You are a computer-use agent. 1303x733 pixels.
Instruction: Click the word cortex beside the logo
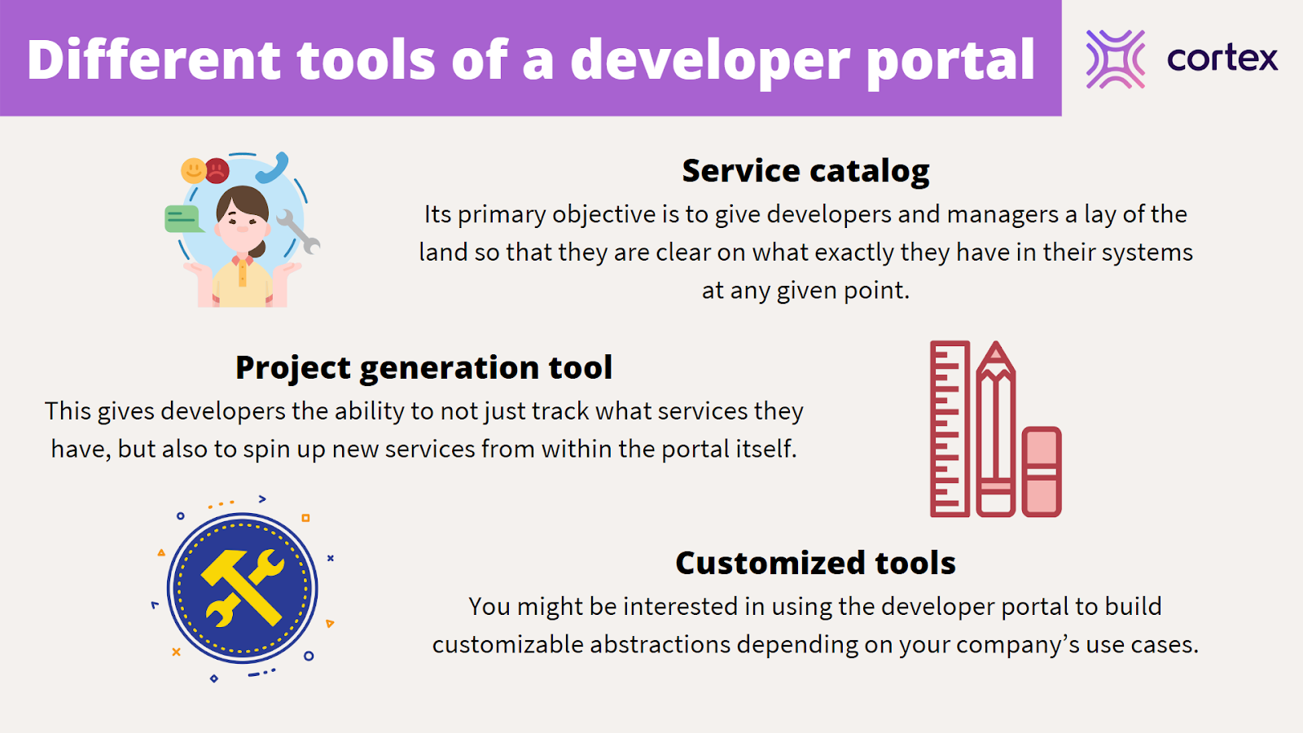click(1222, 59)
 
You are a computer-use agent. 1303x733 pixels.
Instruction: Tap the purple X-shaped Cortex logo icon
click(1115, 59)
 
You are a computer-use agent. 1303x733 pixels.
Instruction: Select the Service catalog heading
click(805, 171)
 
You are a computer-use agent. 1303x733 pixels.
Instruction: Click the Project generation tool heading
click(423, 367)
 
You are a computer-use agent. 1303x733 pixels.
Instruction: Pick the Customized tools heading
click(815, 563)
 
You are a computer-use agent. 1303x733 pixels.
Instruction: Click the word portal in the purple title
click(950, 60)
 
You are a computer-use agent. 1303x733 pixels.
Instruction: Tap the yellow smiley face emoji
click(193, 170)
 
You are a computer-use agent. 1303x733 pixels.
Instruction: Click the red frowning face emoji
click(217, 170)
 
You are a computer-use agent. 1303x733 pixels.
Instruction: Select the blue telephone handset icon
click(273, 167)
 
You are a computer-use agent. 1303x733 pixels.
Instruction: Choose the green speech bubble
click(182, 219)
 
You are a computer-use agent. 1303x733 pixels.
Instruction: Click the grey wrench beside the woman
click(298, 231)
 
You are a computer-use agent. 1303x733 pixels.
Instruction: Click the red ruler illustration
click(950, 428)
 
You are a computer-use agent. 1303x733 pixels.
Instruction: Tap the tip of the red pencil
click(996, 343)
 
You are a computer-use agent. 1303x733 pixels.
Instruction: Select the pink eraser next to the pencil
click(1042, 472)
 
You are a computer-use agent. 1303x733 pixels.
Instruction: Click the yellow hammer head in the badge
click(225, 567)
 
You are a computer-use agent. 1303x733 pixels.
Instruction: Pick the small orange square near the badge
click(305, 518)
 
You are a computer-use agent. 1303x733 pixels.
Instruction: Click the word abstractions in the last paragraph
click(660, 644)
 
